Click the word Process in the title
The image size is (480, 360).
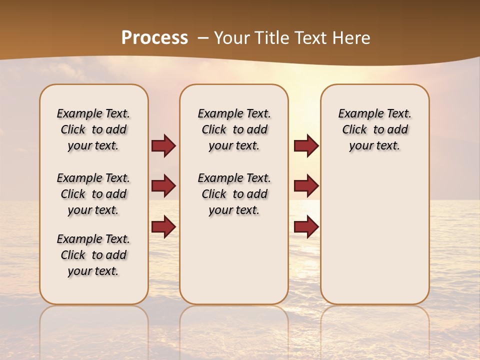pyautogui.click(x=154, y=38)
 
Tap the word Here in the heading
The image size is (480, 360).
pyautogui.click(x=351, y=38)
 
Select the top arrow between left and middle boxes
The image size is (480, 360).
pyautogui.click(x=163, y=145)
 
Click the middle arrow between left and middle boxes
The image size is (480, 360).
pyautogui.click(x=163, y=186)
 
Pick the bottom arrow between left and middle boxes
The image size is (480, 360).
pyautogui.click(x=163, y=226)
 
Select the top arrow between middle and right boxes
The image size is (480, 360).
pyautogui.click(x=306, y=145)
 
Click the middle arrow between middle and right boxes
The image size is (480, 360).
pyautogui.click(x=306, y=186)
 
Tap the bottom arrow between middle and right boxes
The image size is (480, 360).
pyautogui.click(x=306, y=226)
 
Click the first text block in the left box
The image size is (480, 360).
pyautogui.click(x=93, y=129)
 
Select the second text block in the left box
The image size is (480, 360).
pyautogui.click(x=93, y=194)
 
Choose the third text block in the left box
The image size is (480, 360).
pyautogui.click(x=93, y=255)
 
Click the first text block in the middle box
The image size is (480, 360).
pyautogui.click(x=234, y=129)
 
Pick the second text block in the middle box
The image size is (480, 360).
pyautogui.click(x=234, y=194)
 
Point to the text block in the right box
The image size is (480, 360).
pyautogui.click(x=374, y=129)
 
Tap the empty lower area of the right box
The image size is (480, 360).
pyautogui.click(x=374, y=235)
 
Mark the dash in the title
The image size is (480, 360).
pyautogui.click(x=203, y=38)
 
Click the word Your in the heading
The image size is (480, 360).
pyautogui.click(x=232, y=38)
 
